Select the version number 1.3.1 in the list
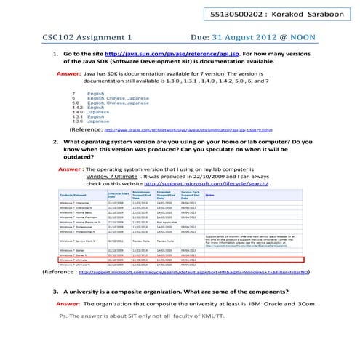(76, 117)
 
